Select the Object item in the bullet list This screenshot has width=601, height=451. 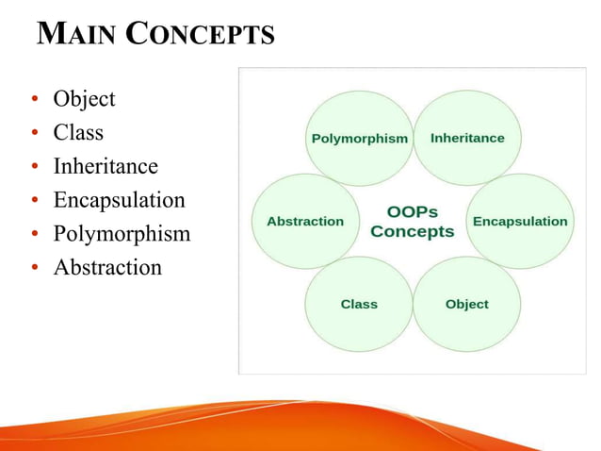coord(84,99)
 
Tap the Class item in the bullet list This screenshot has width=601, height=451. coord(78,133)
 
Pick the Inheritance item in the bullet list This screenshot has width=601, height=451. coord(106,167)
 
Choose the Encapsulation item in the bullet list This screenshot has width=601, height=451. coord(119,200)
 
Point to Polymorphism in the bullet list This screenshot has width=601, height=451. coord(122,234)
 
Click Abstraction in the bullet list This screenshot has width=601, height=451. coord(107,268)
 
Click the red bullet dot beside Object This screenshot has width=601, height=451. coord(34,100)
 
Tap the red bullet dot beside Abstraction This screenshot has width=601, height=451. coord(34,269)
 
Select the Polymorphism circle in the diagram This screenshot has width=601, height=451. coord(359,138)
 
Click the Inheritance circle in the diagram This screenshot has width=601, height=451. coord(467,138)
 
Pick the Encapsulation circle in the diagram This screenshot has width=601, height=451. coord(520,221)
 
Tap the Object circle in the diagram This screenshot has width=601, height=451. coord(467,304)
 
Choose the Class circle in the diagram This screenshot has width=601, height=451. coord(359,304)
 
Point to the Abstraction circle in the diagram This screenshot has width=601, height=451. coord(305,221)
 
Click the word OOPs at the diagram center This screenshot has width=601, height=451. coord(413,212)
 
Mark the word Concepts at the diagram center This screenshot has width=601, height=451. coord(413,232)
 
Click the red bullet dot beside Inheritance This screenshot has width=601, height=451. coord(34,168)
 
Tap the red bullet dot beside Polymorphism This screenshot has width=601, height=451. coord(34,235)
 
